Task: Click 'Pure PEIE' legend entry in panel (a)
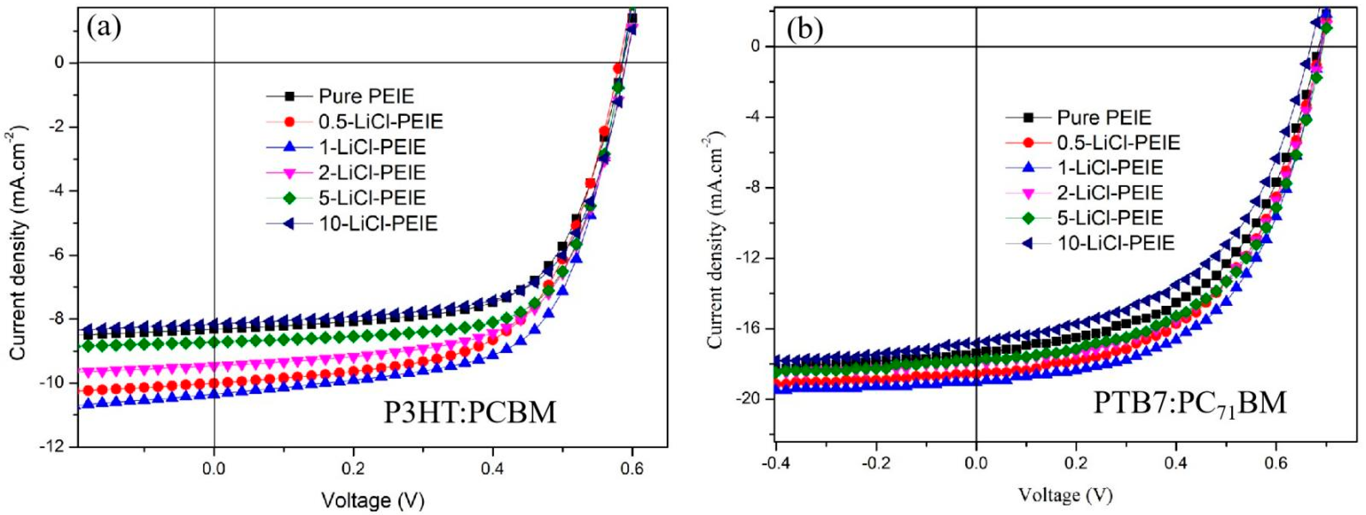click(366, 97)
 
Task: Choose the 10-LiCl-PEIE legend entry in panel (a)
click(378, 224)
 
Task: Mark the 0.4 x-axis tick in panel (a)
click(493, 470)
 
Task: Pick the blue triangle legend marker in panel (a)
click(289, 147)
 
